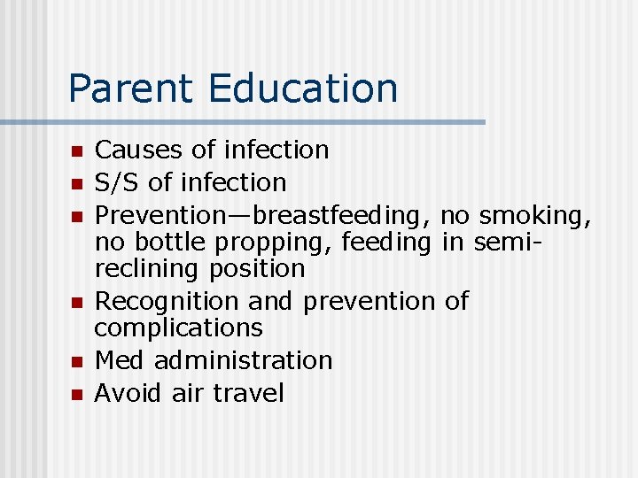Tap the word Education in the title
tap(303, 89)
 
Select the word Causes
tap(136, 150)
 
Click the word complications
tap(178, 328)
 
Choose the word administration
tap(243, 360)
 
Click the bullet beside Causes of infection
tap(77, 151)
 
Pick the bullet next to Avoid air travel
tap(77, 394)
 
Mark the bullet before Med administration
tap(77, 362)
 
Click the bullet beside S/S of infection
tap(77, 184)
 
